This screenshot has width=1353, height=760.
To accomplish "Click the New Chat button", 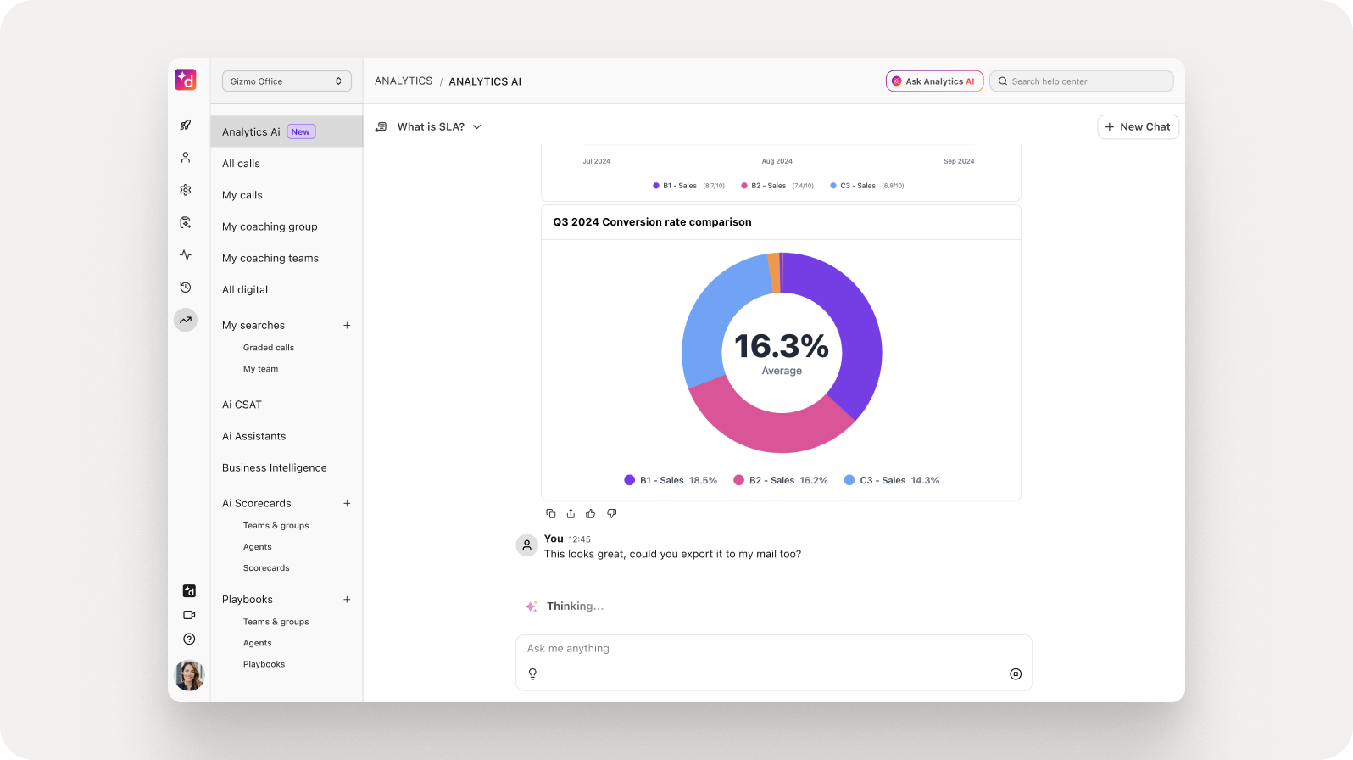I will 1138,127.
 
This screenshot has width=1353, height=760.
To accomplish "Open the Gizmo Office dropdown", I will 287,81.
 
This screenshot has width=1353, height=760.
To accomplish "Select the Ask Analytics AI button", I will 934,81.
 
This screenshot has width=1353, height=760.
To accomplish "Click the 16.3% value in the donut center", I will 781,346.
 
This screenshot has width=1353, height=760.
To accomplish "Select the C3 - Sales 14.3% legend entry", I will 892,480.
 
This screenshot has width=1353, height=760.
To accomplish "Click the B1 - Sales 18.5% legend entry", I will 671,480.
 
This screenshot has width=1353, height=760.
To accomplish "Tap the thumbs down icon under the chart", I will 611,513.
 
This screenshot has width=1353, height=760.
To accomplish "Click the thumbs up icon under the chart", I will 591,513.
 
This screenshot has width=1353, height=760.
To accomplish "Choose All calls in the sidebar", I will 242,164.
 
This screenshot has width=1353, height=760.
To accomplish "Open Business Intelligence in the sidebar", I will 275,467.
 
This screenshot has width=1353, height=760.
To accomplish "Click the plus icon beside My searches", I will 347,325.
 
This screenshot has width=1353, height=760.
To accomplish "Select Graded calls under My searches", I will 269,348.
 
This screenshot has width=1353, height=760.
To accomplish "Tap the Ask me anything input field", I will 763,649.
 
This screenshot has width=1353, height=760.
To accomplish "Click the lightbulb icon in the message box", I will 532,674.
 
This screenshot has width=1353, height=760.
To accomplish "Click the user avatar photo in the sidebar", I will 189,675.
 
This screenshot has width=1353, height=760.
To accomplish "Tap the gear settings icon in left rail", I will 186,190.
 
